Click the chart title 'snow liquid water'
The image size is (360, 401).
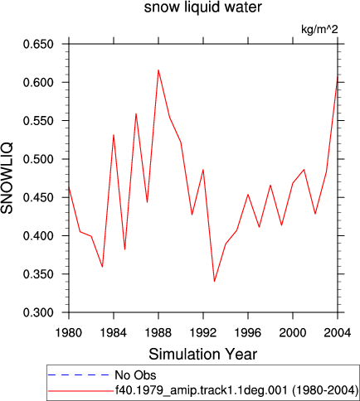tap(202, 7)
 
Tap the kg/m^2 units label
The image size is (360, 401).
tap(319, 29)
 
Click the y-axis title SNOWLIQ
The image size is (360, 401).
tap(7, 178)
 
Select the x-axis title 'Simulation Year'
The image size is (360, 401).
tap(203, 354)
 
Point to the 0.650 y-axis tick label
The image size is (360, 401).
tap(38, 44)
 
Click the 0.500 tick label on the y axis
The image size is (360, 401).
tap(38, 159)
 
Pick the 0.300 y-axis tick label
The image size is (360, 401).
tap(38, 312)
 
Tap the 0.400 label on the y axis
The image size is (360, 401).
tap(38, 236)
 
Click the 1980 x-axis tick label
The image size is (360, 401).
tap(69, 333)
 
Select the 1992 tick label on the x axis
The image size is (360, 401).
tap(203, 333)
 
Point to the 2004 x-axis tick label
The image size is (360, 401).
tap(338, 333)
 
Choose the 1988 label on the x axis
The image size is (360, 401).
tap(158, 333)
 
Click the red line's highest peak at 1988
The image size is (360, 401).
tap(158, 70)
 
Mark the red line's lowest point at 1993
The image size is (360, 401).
tap(214, 282)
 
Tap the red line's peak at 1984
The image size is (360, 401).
tap(114, 135)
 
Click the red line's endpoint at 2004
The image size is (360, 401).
tap(338, 76)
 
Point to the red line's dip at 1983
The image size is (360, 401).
tap(102, 267)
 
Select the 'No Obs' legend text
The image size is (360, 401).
tap(135, 375)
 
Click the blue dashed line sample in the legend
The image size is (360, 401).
tap(79, 375)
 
